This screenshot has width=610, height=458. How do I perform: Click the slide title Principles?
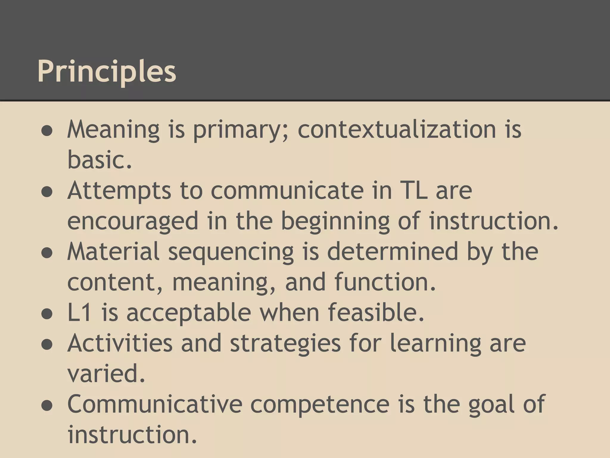coord(107,72)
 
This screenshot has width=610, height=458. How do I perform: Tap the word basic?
coord(99,160)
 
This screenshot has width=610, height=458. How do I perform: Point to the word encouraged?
coord(133,221)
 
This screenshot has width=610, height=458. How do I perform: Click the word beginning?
coord(335,221)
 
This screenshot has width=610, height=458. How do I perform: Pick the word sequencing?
coord(231,252)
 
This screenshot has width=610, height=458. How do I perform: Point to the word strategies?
coord(285,343)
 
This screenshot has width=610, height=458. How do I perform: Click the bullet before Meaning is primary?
coord(47,131)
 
